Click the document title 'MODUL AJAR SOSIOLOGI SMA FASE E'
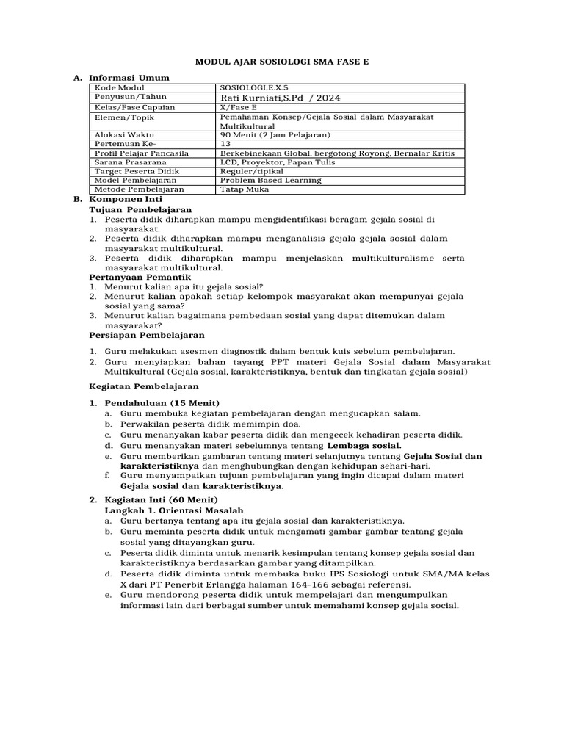[x=281, y=64]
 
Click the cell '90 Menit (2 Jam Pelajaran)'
[x=275, y=135]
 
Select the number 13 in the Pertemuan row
[x=225, y=144]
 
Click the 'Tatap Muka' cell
[x=245, y=189]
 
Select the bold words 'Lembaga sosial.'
[x=364, y=445]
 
